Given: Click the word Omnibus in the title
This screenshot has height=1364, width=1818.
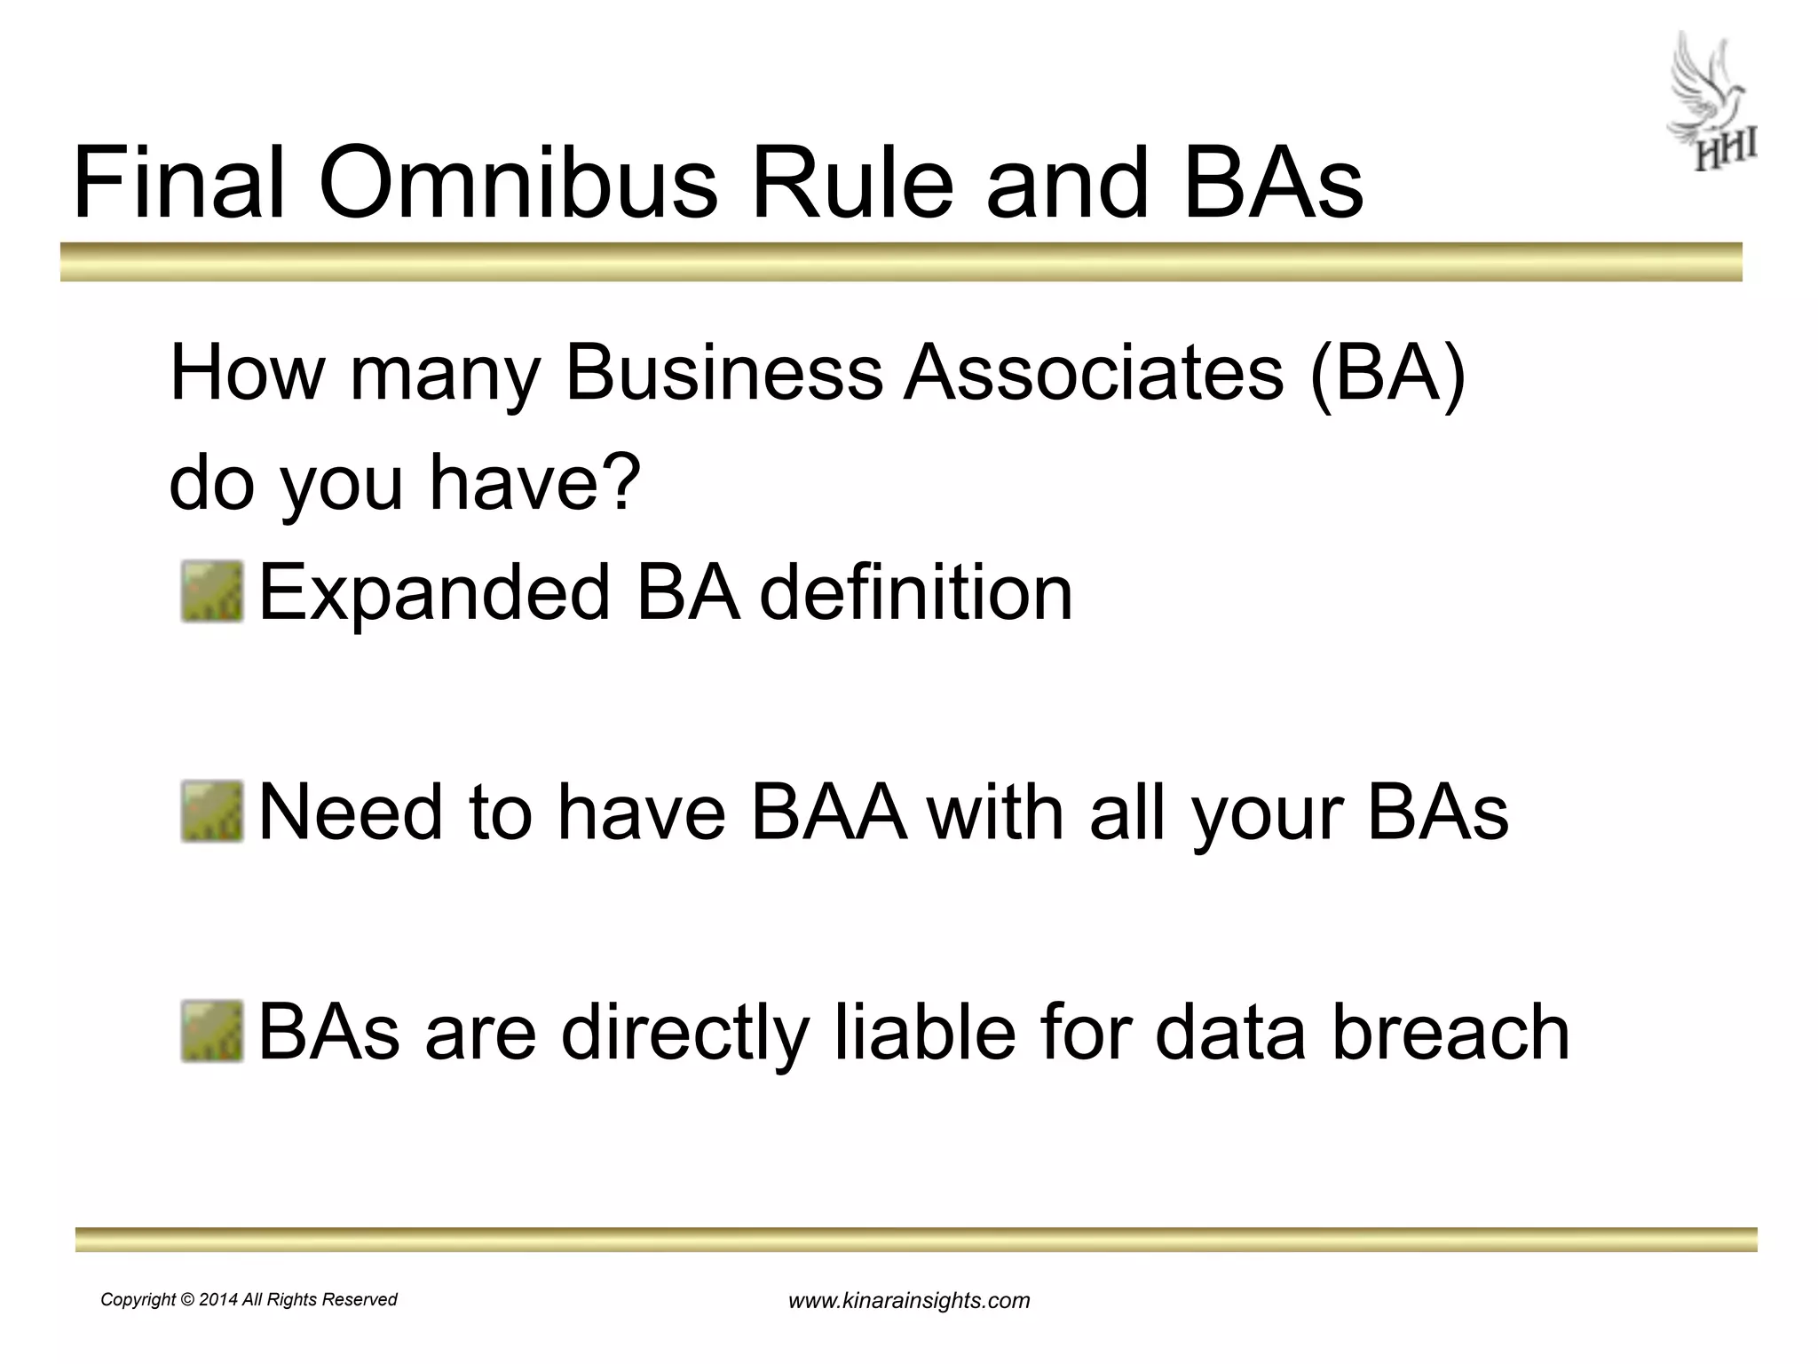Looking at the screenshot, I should (x=518, y=185).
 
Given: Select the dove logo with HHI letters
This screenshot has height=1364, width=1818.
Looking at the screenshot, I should (x=1710, y=102).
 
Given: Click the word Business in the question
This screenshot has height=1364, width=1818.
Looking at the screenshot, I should (x=723, y=373).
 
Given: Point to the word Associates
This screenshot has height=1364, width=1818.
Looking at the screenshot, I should (x=1094, y=373).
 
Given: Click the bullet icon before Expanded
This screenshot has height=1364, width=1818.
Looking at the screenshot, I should (x=212, y=591).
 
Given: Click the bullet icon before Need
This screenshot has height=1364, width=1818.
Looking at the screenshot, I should (x=212, y=812).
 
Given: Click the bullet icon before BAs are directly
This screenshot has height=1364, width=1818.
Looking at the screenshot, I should (x=212, y=1032).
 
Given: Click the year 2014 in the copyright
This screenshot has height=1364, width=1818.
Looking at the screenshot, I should (x=218, y=1300).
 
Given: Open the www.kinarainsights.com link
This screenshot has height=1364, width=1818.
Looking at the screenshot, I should (x=909, y=1301).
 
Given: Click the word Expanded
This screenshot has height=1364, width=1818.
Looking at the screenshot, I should (x=434, y=593).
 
